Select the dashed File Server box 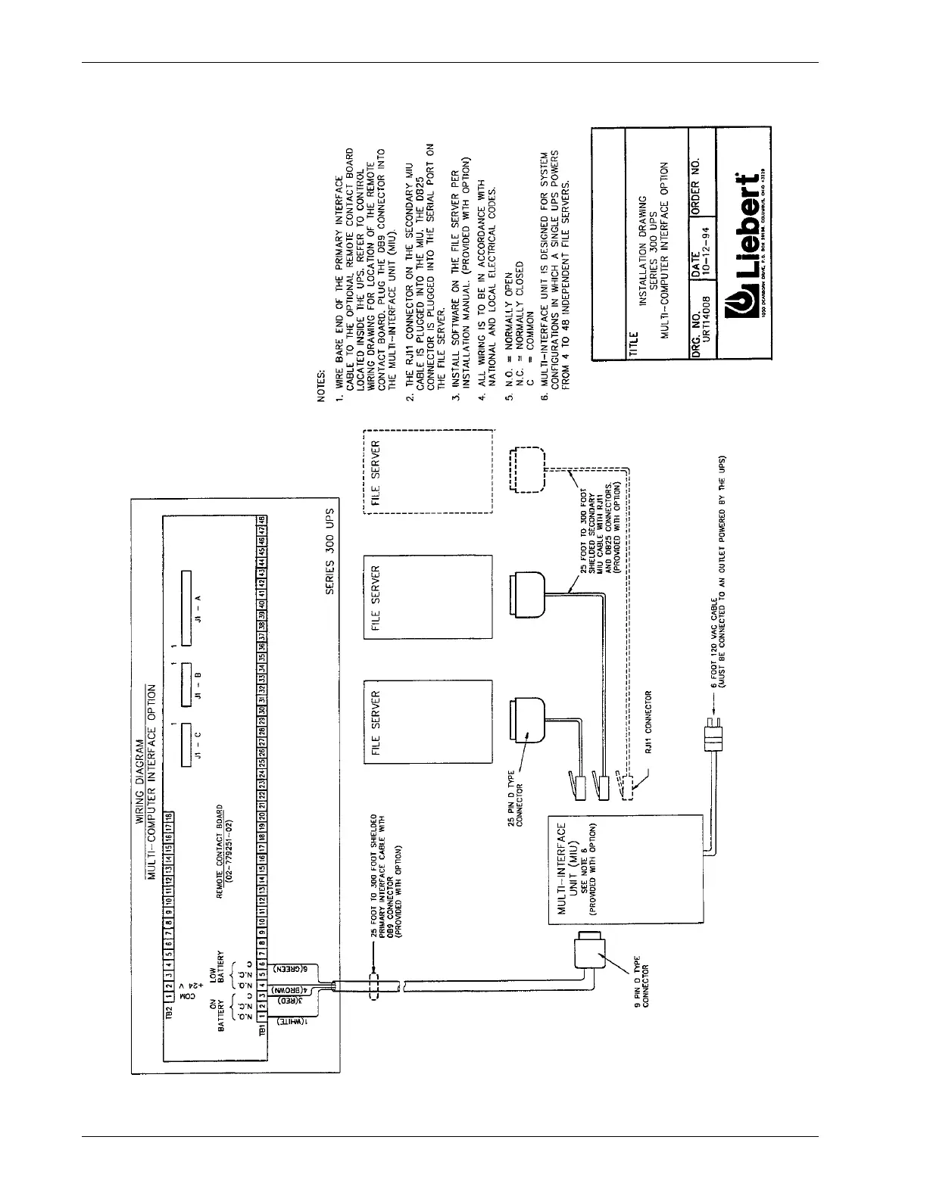point(429,472)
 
